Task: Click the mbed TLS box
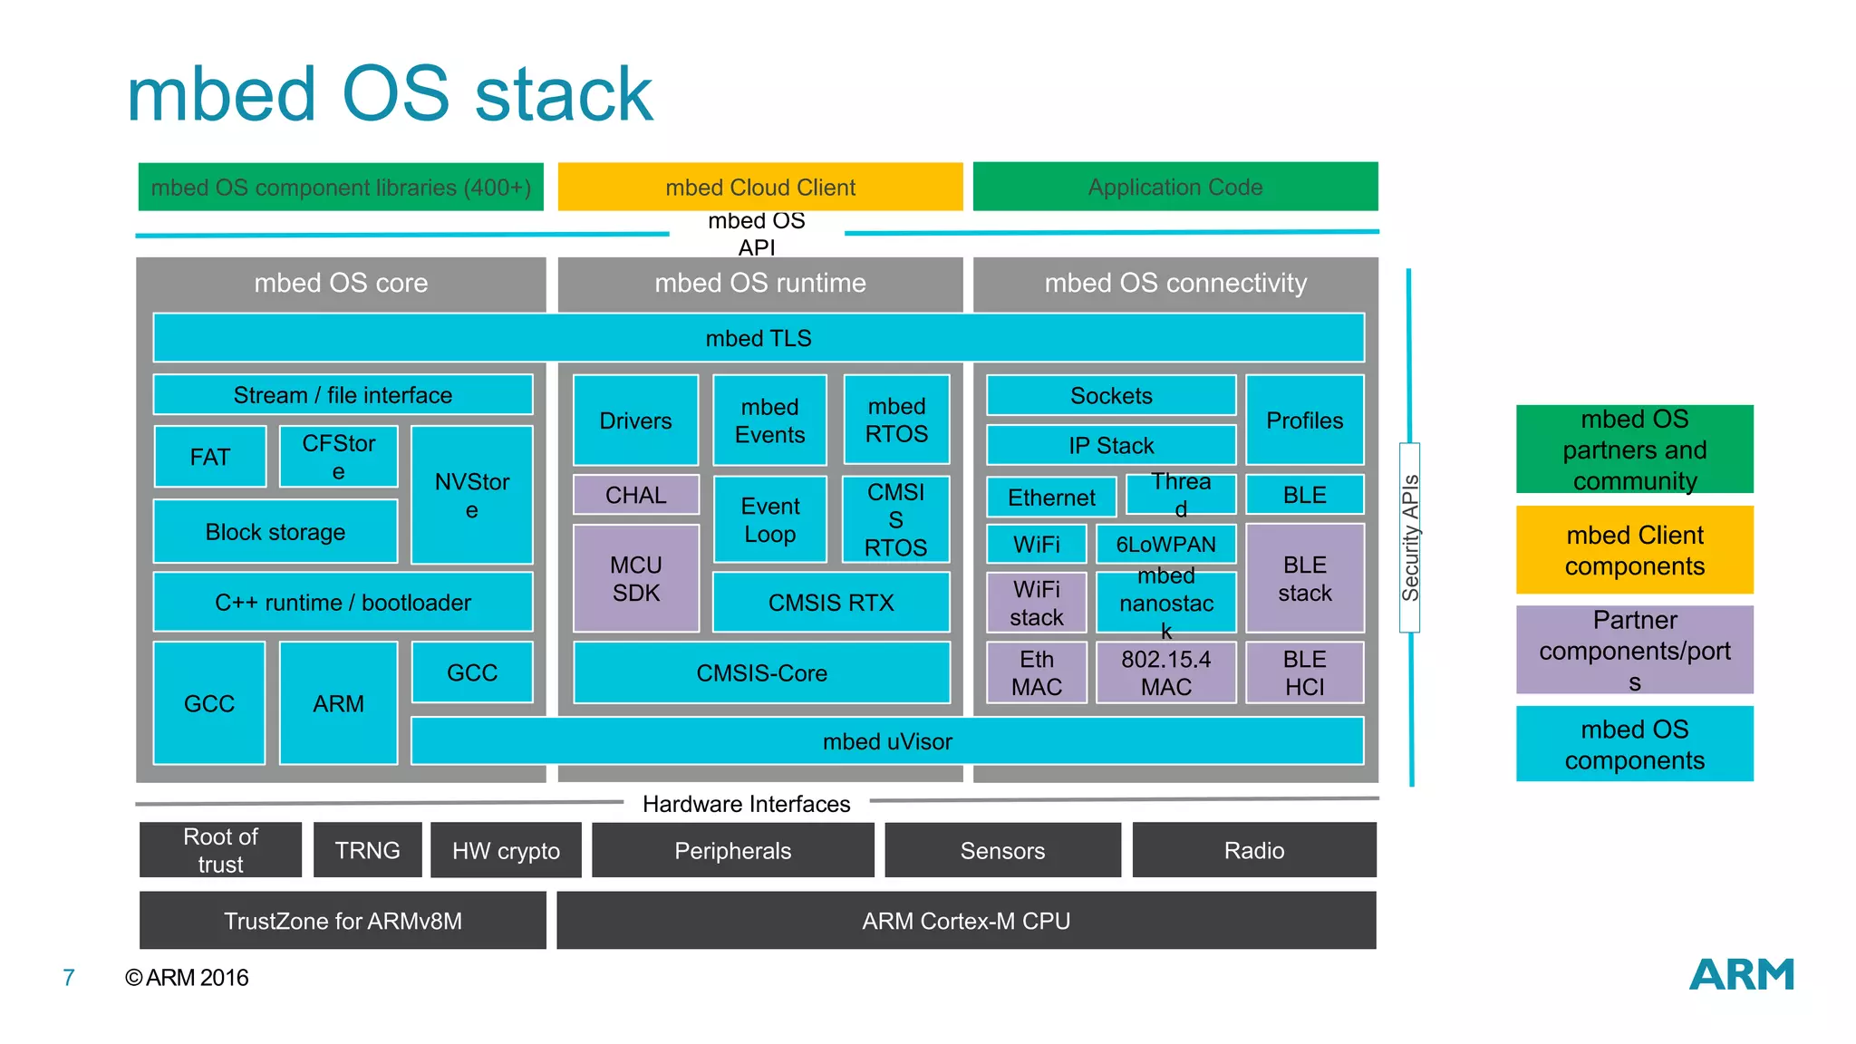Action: pyautogui.click(x=759, y=338)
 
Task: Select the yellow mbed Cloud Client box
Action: pyautogui.click(x=759, y=187)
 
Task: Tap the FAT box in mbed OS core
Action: pyautogui.click(x=209, y=457)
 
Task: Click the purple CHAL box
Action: pyautogui.click(x=635, y=495)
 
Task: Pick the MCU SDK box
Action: pyautogui.click(x=635, y=579)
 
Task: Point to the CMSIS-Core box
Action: pyautogui.click(x=761, y=672)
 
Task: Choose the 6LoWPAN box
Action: pyautogui.click(x=1165, y=544)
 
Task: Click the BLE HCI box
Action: pyautogui.click(x=1304, y=672)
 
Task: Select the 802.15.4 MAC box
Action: pyautogui.click(x=1165, y=672)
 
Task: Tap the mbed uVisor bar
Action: pyautogui.click(x=886, y=741)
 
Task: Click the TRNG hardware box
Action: pyautogui.click(x=367, y=850)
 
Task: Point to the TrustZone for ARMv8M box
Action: pyautogui.click(x=343, y=921)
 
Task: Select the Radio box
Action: pyautogui.click(x=1253, y=850)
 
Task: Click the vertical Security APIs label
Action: pyautogui.click(x=1409, y=537)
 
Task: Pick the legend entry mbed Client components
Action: pyautogui.click(x=1634, y=550)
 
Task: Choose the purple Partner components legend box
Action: pyautogui.click(x=1634, y=650)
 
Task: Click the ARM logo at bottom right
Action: pyautogui.click(x=1741, y=975)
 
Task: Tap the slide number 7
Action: pyautogui.click(x=68, y=977)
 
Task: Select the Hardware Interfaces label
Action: pyautogui.click(x=746, y=804)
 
